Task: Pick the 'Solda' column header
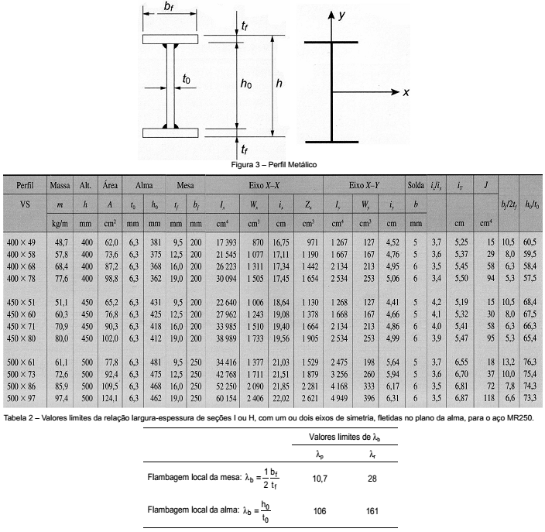coord(415,187)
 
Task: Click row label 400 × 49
coord(23,242)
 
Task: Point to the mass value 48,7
coord(60,242)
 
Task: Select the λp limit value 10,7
coord(318,479)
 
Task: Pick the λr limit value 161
coord(375,511)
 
